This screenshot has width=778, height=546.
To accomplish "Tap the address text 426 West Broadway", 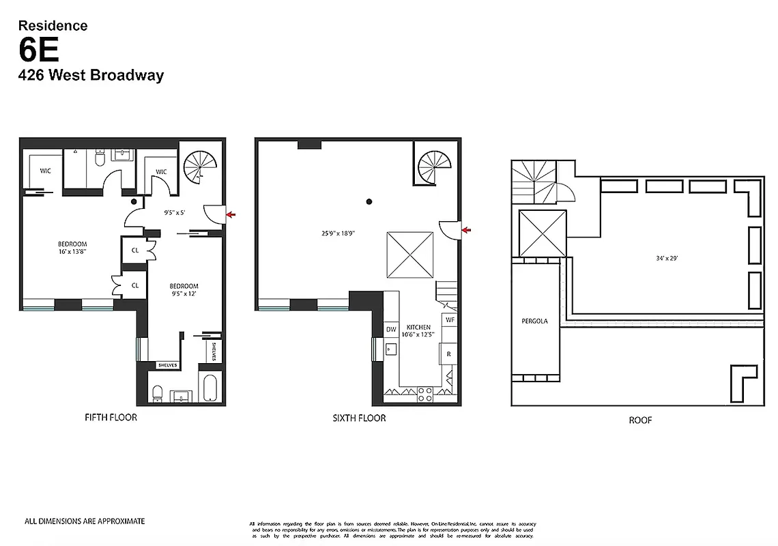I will tap(91, 75).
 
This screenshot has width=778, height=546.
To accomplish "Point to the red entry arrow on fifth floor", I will tap(232, 215).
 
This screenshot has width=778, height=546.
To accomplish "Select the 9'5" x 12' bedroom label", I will tap(184, 290).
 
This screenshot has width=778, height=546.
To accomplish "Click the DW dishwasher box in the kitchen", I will tap(391, 330).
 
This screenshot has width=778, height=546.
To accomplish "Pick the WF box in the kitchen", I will tap(450, 319).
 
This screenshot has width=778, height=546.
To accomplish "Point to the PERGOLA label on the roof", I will tap(536, 321).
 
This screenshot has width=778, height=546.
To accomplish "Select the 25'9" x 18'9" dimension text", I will tap(334, 233).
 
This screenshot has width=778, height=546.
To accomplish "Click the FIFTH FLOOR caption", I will tap(111, 417).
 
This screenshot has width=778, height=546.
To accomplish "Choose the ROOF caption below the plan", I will tap(640, 420).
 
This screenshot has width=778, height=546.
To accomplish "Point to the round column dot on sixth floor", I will tap(369, 201).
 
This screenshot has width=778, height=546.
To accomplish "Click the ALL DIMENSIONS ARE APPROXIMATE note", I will tap(85, 521).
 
